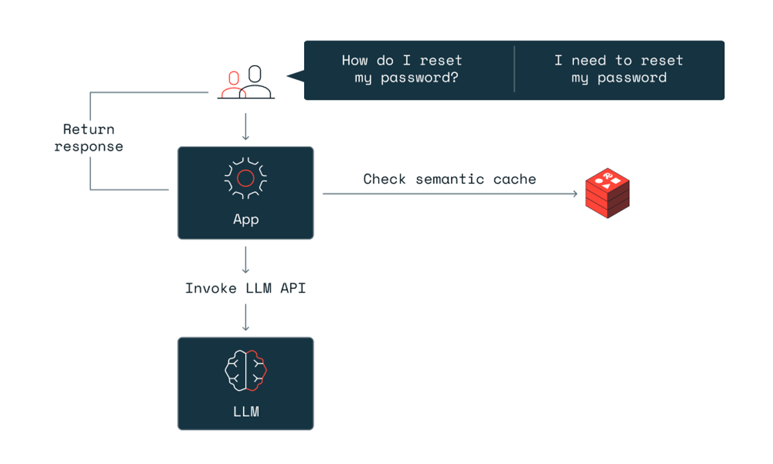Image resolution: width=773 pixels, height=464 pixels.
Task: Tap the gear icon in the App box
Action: pyautogui.click(x=245, y=177)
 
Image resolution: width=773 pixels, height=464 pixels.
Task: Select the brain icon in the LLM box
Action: pyautogui.click(x=245, y=371)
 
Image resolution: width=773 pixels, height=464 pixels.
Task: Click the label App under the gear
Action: pyautogui.click(x=245, y=219)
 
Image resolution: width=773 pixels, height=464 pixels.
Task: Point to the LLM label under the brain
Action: pyautogui.click(x=245, y=411)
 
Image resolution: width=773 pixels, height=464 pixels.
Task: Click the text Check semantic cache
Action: pyautogui.click(x=449, y=179)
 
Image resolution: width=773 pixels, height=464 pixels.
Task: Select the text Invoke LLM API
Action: pyautogui.click(x=245, y=288)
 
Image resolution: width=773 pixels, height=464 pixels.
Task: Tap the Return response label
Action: pyautogui.click(x=89, y=138)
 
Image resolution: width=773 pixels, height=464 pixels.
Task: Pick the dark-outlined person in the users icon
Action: pyautogui.click(x=256, y=82)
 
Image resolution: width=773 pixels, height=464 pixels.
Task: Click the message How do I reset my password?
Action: pyautogui.click(x=402, y=69)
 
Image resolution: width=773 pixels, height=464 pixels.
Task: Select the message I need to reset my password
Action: pyautogui.click(x=618, y=69)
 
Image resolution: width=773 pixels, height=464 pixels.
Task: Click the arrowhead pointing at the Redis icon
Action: pyautogui.click(x=575, y=193)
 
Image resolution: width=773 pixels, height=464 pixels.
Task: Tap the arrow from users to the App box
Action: pyautogui.click(x=245, y=128)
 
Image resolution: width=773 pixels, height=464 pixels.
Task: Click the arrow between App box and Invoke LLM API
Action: pyautogui.click(x=245, y=259)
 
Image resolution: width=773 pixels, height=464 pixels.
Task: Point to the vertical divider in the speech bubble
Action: pyautogui.click(x=514, y=69)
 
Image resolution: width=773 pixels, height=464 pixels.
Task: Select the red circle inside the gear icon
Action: pyautogui.click(x=245, y=177)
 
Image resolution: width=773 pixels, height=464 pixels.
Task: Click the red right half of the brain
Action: pyautogui.click(x=257, y=371)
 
